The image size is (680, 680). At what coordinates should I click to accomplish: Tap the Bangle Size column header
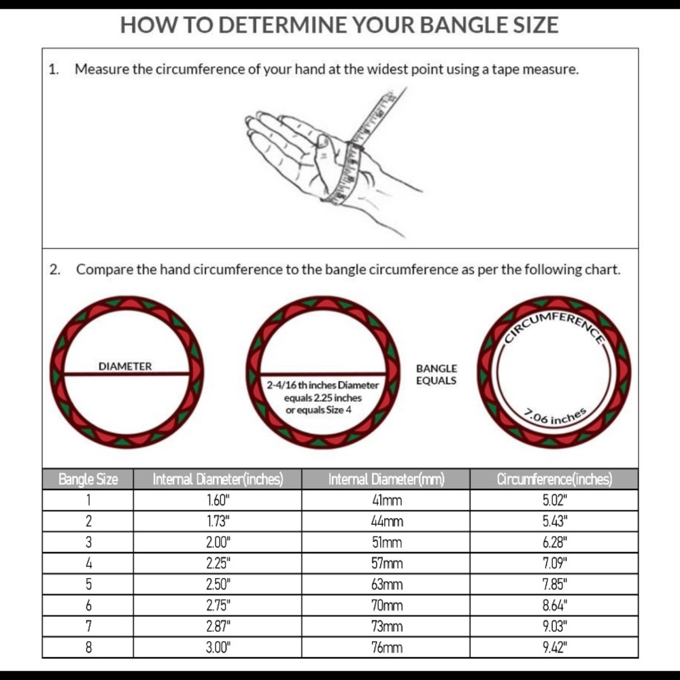pos(88,479)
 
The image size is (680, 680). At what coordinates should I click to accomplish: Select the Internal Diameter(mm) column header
pos(386,479)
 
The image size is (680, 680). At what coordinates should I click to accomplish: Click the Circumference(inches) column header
pos(554,479)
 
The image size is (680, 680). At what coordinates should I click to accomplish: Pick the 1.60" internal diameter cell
pos(218,500)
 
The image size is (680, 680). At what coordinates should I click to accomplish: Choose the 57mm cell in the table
pos(386,563)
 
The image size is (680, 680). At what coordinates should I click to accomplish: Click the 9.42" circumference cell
pos(555,647)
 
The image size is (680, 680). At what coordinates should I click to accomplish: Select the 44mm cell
pos(386,522)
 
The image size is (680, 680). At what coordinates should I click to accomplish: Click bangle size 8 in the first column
pos(88,647)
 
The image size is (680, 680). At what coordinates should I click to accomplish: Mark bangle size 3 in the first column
pos(88,542)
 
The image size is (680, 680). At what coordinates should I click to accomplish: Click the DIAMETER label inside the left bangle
pos(125,367)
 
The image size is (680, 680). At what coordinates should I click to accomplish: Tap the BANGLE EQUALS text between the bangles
pos(437,375)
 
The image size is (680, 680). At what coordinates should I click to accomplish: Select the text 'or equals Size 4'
pos(318,410)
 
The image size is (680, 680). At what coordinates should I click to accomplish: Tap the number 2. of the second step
pos(54,270)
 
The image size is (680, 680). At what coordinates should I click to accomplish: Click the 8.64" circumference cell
pos(555,605)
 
